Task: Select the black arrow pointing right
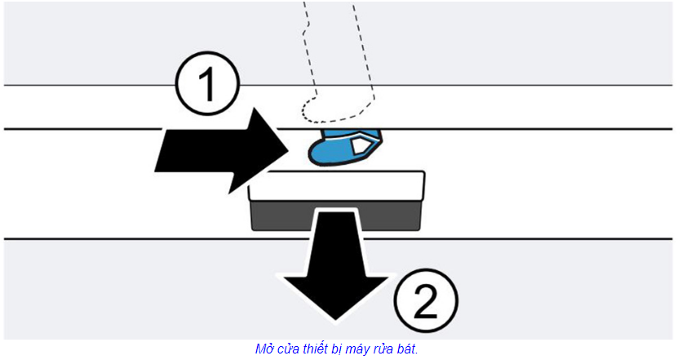[216, 151]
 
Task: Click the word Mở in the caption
[264, 349]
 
